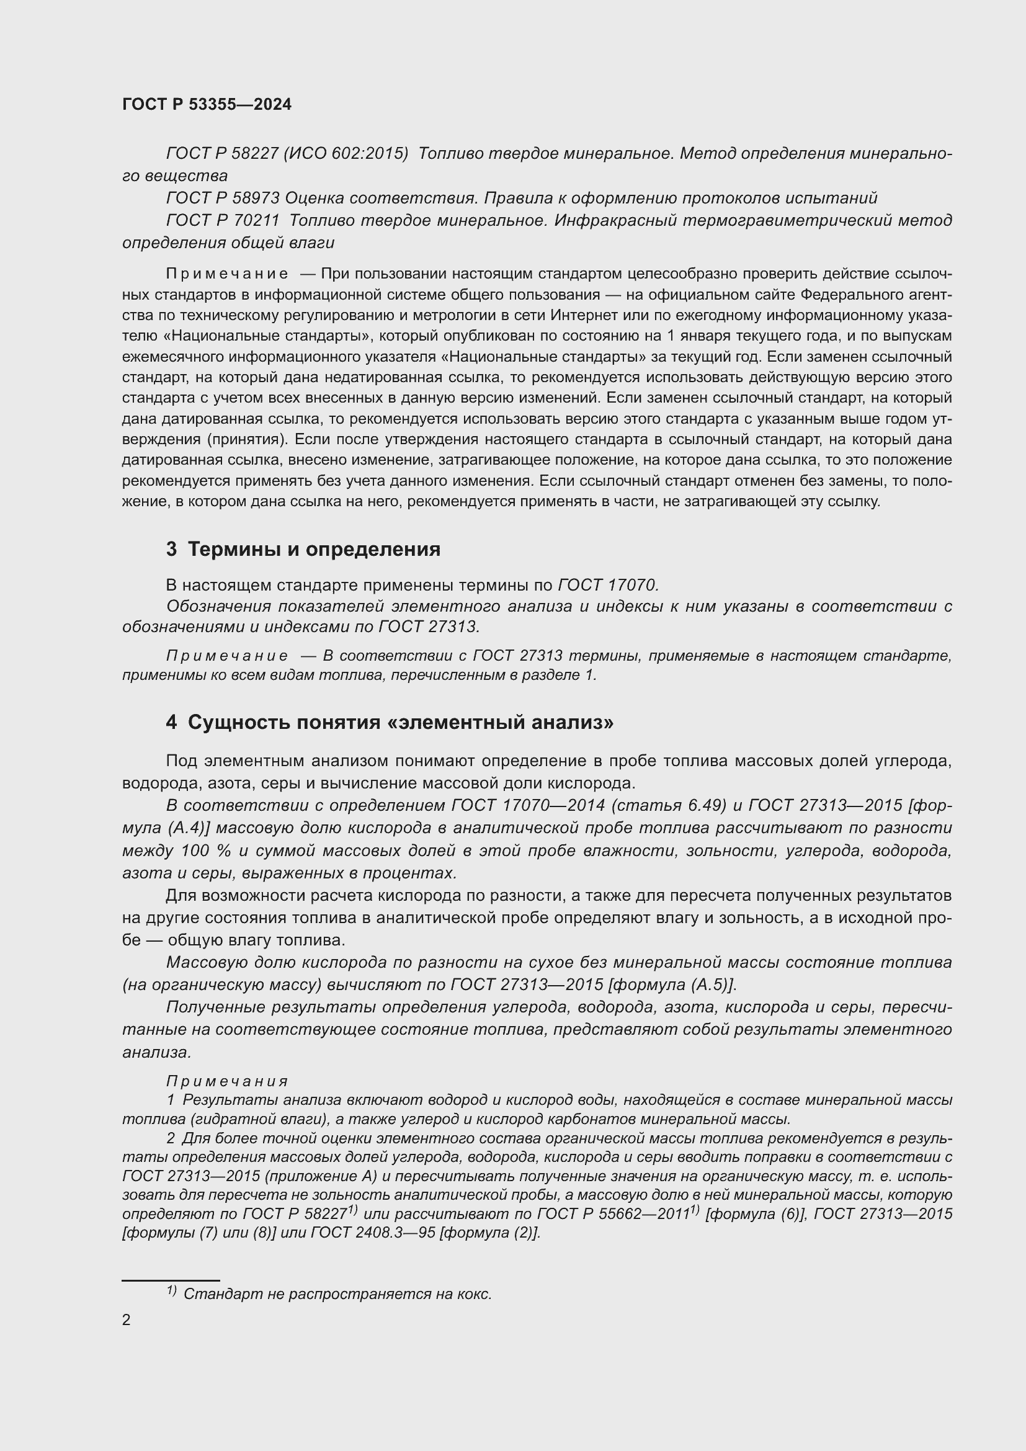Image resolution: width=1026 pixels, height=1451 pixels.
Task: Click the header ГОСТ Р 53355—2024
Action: click(207, 105)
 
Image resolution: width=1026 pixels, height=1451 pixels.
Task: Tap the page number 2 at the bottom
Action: click(127, 1319)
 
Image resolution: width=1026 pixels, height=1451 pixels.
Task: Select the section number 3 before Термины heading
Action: click(171, 549)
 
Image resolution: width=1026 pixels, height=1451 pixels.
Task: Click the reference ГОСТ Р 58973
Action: click(223, 199)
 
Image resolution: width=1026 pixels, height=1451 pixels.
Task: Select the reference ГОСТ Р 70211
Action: click(223, 221)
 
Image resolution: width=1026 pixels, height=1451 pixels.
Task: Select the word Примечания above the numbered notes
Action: click(228, 1081)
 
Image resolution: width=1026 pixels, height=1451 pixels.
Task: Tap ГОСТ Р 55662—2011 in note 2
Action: click(613, 1214)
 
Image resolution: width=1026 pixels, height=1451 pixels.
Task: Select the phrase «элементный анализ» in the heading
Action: click(503, 721)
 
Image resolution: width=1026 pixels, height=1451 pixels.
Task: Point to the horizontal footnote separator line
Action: click(171, 1280)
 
